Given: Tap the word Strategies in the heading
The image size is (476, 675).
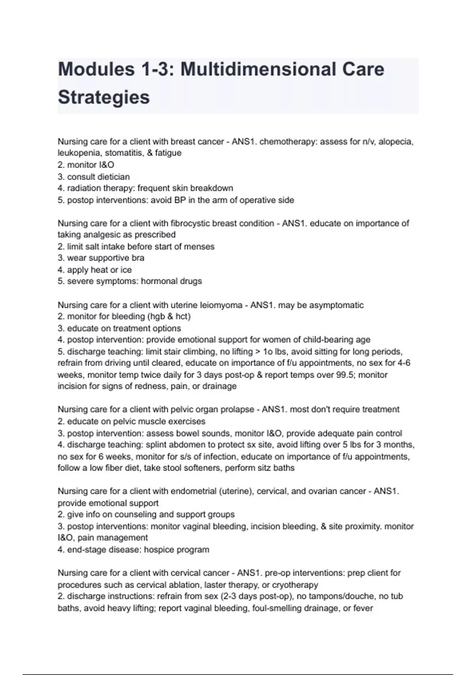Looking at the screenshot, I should point(104,97).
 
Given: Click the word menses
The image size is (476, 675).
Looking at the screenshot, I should point(200,247).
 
